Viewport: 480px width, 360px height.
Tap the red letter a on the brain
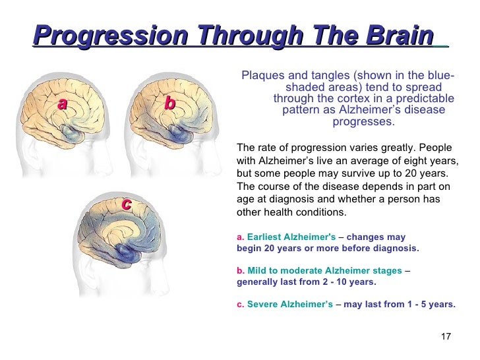click(x=63, y=104)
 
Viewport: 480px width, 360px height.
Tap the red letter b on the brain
click(x=169, y=104)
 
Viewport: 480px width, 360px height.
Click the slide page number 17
click(x=445, y=337)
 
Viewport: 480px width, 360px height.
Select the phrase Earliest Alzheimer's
click(x=291, y=237)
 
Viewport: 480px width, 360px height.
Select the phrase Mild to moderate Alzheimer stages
click(x=324, y=270)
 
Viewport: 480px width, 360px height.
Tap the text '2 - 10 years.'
click(x=347, y=282)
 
